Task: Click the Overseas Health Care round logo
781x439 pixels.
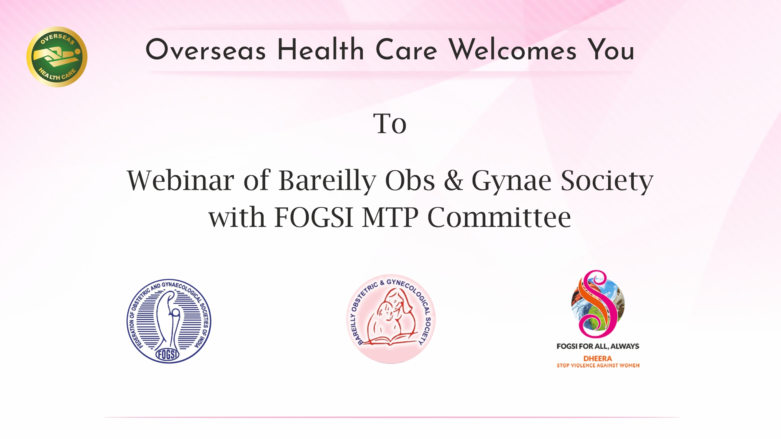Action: click(x=57, y=57)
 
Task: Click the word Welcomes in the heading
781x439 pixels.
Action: click(x=513, y=50)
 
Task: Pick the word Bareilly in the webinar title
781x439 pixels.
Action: click(x=327, y=181)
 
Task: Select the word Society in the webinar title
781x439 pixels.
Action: click(x=607, y=181)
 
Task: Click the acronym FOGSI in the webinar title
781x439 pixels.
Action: click(x=314, y=217)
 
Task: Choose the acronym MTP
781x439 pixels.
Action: click(x=390, y=217)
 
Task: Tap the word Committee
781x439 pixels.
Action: click(x=499, y=217)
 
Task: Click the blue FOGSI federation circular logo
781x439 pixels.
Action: click(x=169, y=321)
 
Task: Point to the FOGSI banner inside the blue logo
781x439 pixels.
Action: click(x=167, y=355)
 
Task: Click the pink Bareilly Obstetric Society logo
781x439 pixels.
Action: click(x=391, y=319)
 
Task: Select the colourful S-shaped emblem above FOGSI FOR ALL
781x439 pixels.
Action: click(x=598, y=304)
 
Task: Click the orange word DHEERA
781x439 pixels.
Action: click(x=598, y=359)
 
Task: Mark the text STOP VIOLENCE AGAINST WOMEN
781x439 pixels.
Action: click(x=598, y=365)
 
